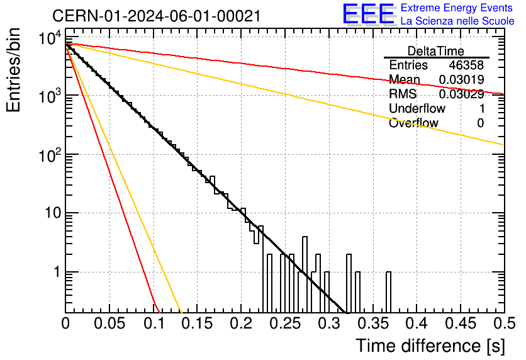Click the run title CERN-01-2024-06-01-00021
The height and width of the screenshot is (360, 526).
coord(156,16)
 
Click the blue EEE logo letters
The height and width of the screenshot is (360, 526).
coord(369,14)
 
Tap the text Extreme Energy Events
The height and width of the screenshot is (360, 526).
coord(457,8)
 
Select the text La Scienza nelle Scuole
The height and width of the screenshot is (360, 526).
coord(457,21)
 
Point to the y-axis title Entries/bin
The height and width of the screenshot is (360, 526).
coord(13,70)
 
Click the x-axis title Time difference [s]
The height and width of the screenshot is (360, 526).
coord(430,346)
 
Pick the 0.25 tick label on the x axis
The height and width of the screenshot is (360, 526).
coord(285,323)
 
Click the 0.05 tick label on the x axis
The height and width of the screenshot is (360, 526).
coord(109,323)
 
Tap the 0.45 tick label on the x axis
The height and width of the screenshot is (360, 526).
coord(461,323)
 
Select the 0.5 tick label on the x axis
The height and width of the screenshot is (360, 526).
coord(505,323)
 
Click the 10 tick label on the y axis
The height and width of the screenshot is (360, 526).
coord(53,213)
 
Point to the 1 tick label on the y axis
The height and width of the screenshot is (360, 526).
coord(57,272)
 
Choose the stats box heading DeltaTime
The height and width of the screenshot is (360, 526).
coord(435,51)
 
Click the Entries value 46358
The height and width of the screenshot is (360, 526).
coord(466,65)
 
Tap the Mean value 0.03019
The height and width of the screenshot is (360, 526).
coord(461,79)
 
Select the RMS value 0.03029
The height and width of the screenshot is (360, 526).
coord(461,94)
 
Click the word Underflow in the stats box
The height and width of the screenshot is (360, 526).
coord(417,108)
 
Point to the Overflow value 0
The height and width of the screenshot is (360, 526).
coord(480,123)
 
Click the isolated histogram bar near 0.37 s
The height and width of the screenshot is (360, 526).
coord(388,292)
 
